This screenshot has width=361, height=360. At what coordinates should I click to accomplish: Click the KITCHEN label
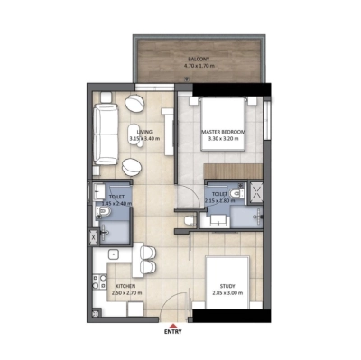point(125,286)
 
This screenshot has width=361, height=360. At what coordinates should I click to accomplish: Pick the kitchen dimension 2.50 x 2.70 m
point(125,294)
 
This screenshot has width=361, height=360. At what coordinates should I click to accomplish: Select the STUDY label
point(227,286)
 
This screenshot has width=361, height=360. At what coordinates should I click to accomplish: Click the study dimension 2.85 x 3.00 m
point(227,294)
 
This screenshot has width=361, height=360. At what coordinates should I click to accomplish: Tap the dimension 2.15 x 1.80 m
point(219,200)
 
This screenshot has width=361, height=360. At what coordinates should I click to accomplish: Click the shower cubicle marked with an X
point(255,192)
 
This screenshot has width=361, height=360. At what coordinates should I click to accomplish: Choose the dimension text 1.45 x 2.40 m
point(116,204)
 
